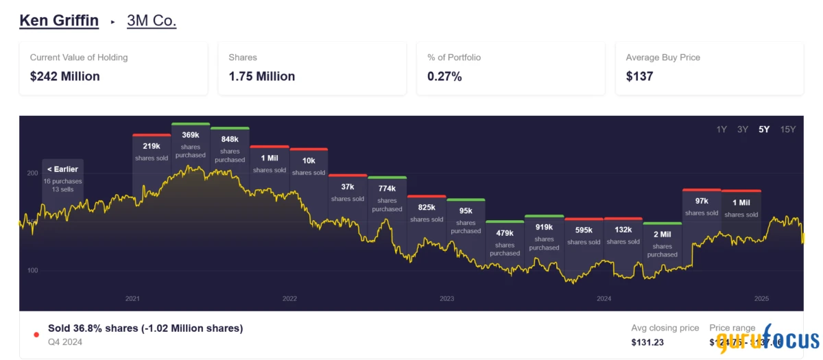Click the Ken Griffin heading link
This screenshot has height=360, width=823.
tap(59, 21)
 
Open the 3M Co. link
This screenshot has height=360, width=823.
tap(152, 21)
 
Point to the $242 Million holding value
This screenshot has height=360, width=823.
tap(65, 76)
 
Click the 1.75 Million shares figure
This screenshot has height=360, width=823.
tap(262, 76)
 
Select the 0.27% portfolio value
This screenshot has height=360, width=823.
tap(444, 76)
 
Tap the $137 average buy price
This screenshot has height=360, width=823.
tap(639, 76)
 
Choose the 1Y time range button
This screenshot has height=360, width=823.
tap(721, 130)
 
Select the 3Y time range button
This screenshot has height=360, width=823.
tap(742, 130)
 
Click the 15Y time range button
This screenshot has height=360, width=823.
tap(788, 130)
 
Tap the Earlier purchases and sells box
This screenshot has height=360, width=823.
tap(62, 178)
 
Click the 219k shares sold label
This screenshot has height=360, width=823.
tap(152, 151)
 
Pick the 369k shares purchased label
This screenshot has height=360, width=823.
tap(191, 144)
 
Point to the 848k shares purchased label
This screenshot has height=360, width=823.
tap(230, 149)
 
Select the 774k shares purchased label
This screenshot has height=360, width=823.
tap(387, 198)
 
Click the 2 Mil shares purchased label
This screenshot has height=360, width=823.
tap(663, 243)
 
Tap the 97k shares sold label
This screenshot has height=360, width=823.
tap(702, 206)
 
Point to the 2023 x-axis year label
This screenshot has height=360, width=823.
tap(447, 299)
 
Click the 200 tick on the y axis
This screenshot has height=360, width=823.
tap(32, 173)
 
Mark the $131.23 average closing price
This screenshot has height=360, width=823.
tap(647, 342)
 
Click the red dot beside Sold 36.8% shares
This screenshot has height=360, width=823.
tap(36, 335)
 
